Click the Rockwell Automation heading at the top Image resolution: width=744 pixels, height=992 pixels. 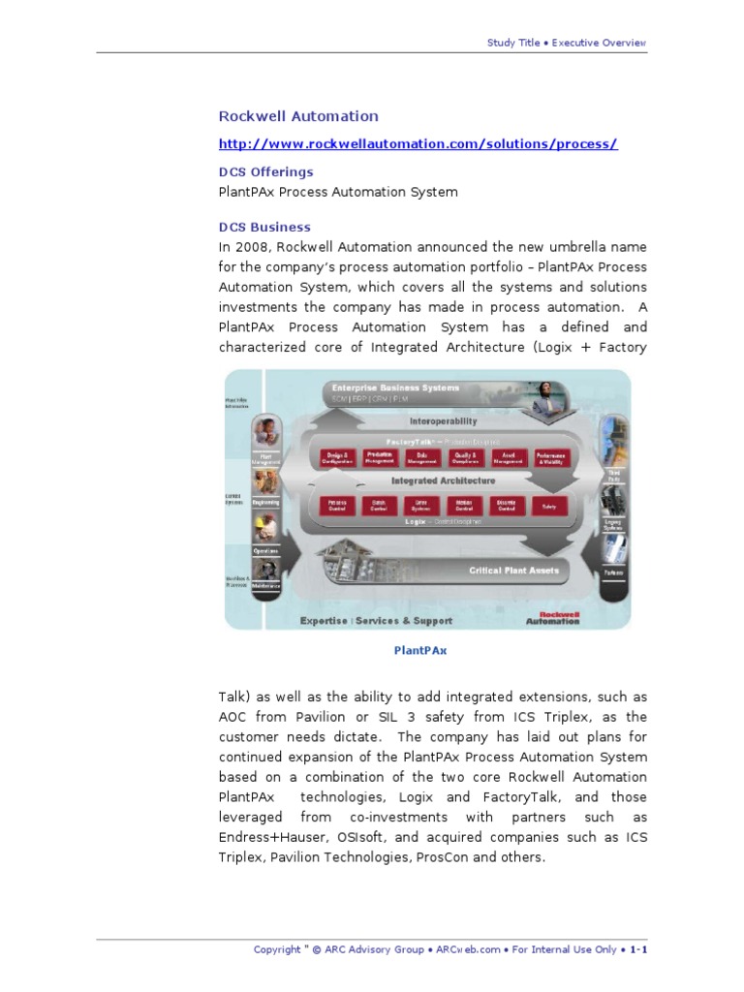298,116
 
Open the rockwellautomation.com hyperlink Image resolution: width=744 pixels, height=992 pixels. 418,144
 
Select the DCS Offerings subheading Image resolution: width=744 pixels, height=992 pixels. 265,172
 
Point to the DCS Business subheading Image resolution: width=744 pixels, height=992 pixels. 264,228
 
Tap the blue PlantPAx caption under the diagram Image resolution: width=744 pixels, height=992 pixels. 420,651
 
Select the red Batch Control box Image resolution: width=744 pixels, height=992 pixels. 375,505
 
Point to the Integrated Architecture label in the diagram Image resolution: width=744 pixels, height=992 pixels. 443,480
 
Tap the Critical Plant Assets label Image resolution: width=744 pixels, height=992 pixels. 514,571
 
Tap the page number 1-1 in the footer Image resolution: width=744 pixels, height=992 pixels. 638,949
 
